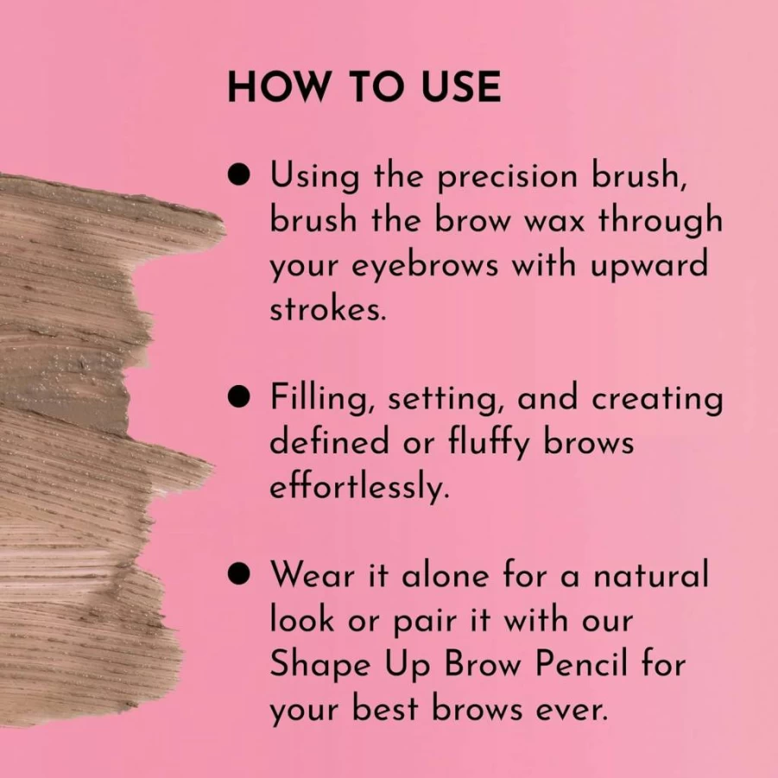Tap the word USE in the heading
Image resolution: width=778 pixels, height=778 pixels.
click(461, 86)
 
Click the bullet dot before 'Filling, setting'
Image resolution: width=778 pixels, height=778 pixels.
click(238, 397)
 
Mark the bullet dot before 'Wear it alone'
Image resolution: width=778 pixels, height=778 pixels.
click(238, 574)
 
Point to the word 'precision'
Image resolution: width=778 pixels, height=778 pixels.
click(508, 178)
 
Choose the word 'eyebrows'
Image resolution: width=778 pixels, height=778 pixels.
click(425, 267)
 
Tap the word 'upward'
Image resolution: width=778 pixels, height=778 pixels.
click(648, 267)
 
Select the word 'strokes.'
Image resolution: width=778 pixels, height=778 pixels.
click(327, 310)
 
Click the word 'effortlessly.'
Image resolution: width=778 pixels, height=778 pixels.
click(359, 488)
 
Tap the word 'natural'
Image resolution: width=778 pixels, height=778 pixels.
click(650, 576)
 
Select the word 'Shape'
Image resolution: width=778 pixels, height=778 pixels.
click(320, 665)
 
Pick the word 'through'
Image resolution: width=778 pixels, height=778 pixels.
click(660, 221)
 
